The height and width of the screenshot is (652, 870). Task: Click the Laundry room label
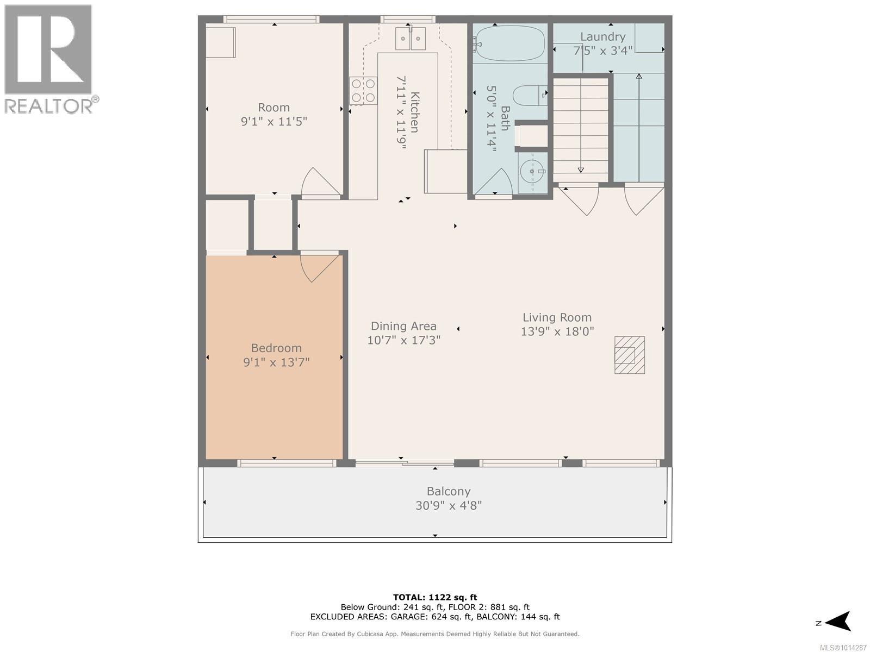click(602, 37)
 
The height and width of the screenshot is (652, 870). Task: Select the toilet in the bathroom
click(530, 96)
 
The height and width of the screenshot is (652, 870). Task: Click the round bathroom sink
click(532, 171)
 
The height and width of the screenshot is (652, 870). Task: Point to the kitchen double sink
click(410, 39)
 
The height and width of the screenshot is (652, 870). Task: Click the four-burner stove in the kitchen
click(363, 91)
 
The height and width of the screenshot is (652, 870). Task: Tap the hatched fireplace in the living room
click(630, 355)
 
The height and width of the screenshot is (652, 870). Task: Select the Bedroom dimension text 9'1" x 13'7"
click(276, 362)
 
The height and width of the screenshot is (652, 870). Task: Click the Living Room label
click(557, 317)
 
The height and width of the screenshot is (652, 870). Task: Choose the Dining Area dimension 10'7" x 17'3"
click(404, 340)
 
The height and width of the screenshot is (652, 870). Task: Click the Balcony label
click(449, 491)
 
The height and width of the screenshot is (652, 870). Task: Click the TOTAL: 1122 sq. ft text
click(435, 597)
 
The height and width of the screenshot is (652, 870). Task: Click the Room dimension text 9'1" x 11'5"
click(274, 122)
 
